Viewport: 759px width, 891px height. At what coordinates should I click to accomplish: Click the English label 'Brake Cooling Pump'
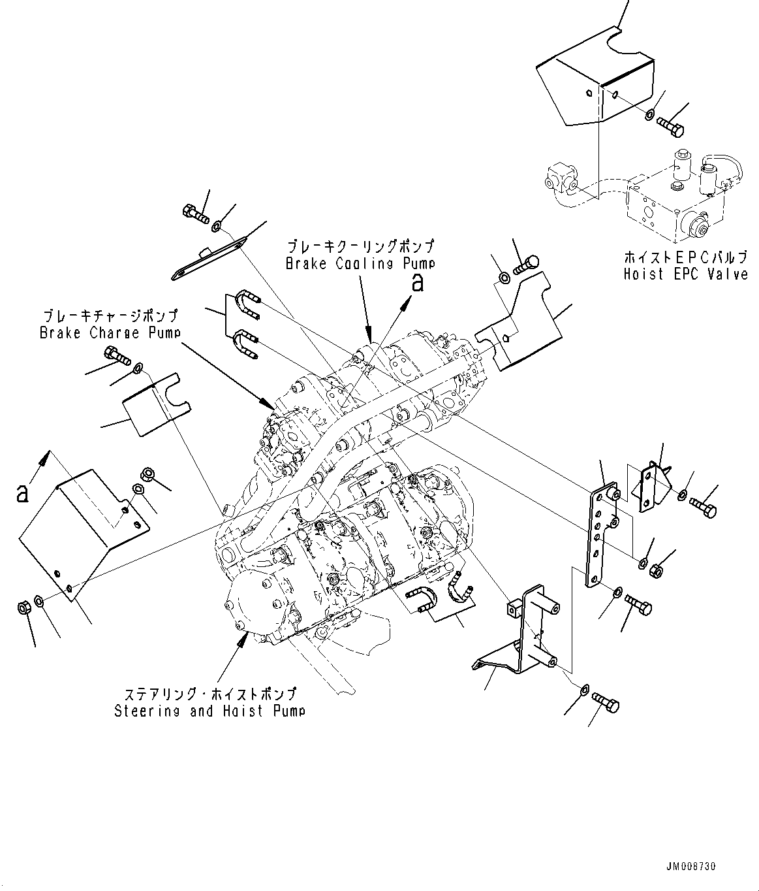pyautogui.click(x=360, y=264)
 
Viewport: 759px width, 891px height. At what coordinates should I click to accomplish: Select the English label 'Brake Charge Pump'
pyautogui.click(x=110, y=332)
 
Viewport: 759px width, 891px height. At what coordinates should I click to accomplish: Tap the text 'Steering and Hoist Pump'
pyautogui.click(x=209, y=711)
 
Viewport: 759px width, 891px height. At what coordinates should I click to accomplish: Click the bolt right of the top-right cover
pyautogui.click(x=670, y=125)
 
